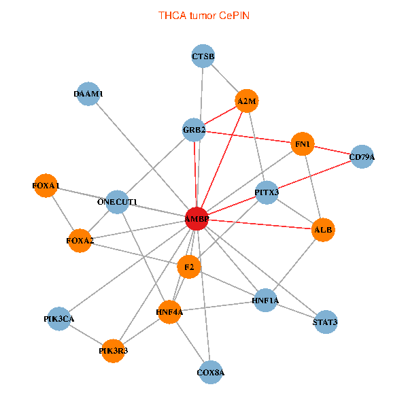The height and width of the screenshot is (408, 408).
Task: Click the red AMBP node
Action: pos(197,218)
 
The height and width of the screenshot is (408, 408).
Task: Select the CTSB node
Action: pos(203,56)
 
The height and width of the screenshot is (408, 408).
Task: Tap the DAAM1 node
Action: pos(88,94)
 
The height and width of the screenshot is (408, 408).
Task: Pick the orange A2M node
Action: pos(246,102)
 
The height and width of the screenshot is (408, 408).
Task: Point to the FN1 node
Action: pos(302,144)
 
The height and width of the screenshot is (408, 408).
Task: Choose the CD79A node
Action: pos(361,157)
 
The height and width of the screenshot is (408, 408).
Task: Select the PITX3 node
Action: pos(267,192)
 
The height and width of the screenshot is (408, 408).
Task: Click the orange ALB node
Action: pos(323,231)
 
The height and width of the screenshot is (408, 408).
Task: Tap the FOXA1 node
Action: pos(46,186)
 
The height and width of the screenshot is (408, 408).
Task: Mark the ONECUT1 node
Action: pos(117,202)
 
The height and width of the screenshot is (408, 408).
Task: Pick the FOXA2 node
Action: pos(80,241)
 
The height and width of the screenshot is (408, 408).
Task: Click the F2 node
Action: pos(189,267)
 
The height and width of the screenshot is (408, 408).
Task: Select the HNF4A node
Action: pos(169,312)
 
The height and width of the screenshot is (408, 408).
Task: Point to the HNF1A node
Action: pos(265,300)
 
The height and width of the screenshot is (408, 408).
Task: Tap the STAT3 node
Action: pos(325,322)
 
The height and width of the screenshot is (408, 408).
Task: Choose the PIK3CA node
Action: pos(59,318)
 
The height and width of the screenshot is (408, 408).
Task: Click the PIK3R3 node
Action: pos(113,351)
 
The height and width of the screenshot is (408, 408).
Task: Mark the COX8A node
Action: pos(211,372)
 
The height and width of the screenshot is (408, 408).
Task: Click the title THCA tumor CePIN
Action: pos(204,15)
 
